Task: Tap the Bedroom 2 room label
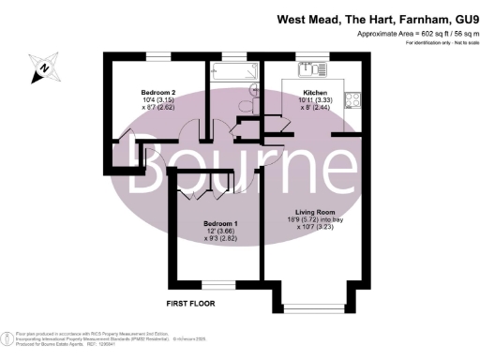click(157, 92)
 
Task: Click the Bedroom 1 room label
click(220, 223)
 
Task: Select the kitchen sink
click(309, 68)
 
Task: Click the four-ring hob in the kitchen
click(354, 99)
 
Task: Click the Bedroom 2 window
click(157, 57)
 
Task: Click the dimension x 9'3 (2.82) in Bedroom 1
click(221, 240)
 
